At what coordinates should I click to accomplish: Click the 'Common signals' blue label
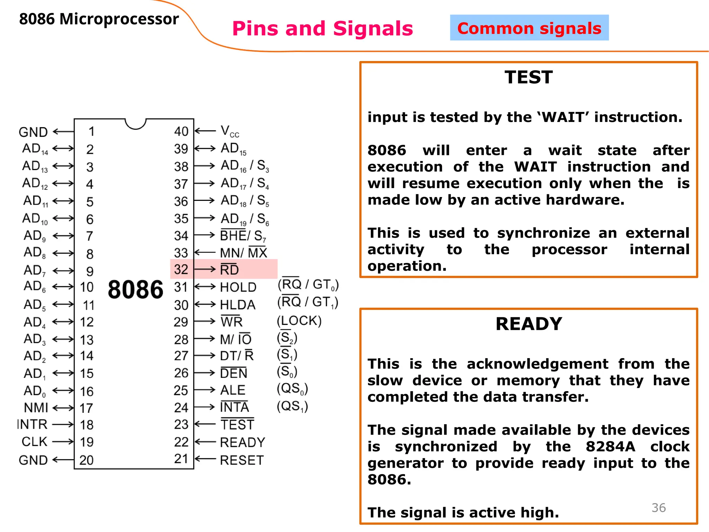(x=529, y=28)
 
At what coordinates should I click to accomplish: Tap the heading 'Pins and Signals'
(x=322, y=28)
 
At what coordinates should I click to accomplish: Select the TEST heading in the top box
(x=528, y=77)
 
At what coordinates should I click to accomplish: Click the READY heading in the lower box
(x=529, y=324)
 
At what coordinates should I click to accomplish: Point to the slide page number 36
(x=658, y=507)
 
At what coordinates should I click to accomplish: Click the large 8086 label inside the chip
(x=135, y=290)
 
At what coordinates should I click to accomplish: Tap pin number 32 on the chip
(x=181, y=269)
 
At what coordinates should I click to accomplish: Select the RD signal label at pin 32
(x=230, y=269)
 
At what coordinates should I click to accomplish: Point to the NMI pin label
(x=36, y=408)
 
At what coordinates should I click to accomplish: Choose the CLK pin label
(x=34, y=442)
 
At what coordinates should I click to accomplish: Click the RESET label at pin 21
(x=242, y=460)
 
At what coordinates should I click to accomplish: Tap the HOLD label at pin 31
(x=238, y=287)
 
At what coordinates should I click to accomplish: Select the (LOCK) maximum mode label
(x=299, y=321)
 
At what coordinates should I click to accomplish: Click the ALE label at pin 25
(x=233, y=390)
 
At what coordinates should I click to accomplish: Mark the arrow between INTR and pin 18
(x=63, y=424)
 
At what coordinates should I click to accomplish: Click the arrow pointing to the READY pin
(x=205, y=442)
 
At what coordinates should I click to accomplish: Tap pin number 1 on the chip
(x=91, y=132)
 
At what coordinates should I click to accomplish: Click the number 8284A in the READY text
(x=610, y=446)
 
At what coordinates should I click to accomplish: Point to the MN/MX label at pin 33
(x=244, y=253)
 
